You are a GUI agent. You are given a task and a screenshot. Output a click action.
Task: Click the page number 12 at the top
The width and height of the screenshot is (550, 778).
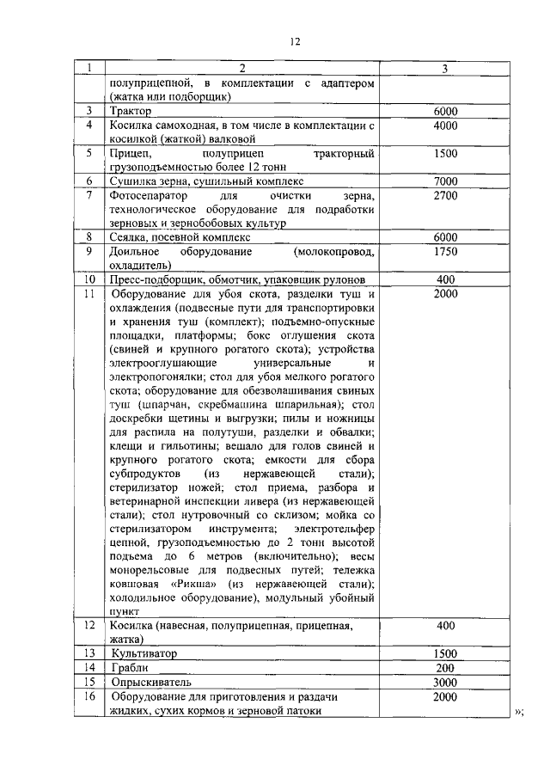point(295,40)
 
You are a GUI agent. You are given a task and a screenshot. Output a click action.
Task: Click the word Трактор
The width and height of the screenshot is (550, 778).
point(130,111)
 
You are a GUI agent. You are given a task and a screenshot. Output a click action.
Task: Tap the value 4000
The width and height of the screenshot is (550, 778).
point(445,126)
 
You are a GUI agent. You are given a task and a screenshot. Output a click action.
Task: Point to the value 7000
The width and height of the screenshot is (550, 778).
point(445,181)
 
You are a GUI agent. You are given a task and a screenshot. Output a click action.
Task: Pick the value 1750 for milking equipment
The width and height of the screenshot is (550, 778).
point(445,252)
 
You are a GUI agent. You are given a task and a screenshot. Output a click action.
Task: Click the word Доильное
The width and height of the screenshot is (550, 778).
point(137,252)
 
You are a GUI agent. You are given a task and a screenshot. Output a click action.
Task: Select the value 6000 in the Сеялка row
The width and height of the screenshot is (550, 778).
point(445,237)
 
